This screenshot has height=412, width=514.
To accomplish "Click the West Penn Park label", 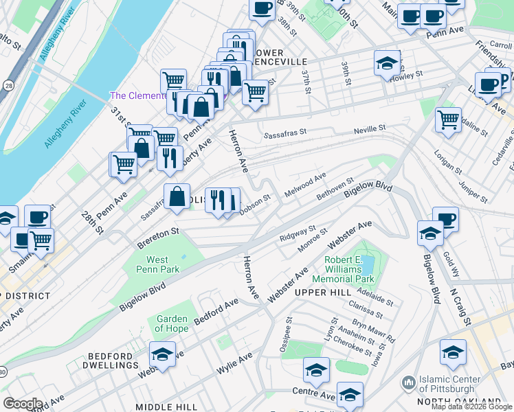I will pyautogui.click(x=162, y=264).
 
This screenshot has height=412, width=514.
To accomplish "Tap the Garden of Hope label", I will pyautogui.click(x=172, y=323).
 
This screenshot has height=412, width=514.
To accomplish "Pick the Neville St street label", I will pyautogui.click(x=370, y=128).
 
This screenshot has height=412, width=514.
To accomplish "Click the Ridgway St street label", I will pyautogui.click(x=297, y=233).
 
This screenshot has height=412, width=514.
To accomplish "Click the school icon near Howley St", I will pyautogui.click(x=387, y=63).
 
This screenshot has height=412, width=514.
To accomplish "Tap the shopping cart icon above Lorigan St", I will pyautogui.click(x=448, y=120).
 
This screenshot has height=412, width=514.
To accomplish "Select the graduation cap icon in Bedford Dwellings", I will pyautogui.click(x=162, y=354).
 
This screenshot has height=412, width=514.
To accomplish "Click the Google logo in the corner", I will pyautogui.click(x=23, y=403).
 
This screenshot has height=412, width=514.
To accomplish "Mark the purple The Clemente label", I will pyautogui.click(x=137, y=95).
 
